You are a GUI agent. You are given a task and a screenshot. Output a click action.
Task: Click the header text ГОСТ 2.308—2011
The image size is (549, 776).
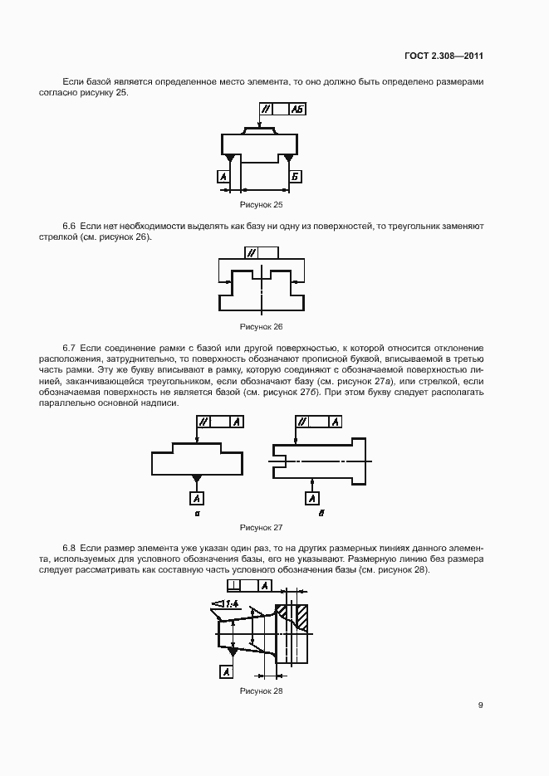tap(444, 56)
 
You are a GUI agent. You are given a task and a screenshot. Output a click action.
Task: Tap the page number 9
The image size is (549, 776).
tap(480, 705)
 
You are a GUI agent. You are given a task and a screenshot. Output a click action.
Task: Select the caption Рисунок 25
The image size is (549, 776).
tap(261, 203)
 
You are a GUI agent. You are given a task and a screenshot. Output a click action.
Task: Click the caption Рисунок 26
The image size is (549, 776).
tap(261, 326)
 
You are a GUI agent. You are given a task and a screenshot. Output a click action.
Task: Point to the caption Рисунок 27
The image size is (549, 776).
tap(261, 527)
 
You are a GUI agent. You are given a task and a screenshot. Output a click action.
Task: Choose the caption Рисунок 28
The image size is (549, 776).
tap(261, 691)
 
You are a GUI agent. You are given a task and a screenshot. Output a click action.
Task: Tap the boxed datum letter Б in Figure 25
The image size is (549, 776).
tap(295, 177)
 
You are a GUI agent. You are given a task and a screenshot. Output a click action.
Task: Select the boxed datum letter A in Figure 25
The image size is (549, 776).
tap(223, 177)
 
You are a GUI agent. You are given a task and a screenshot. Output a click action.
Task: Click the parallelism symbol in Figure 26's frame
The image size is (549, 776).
tap(251, 252)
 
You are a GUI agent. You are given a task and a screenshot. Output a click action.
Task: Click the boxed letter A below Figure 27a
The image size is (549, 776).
tap(197, 498)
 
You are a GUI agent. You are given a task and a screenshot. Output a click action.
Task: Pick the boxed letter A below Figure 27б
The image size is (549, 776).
tap(311, 498)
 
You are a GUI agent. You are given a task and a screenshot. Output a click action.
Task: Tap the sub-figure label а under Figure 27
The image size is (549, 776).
tap(197, 515)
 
